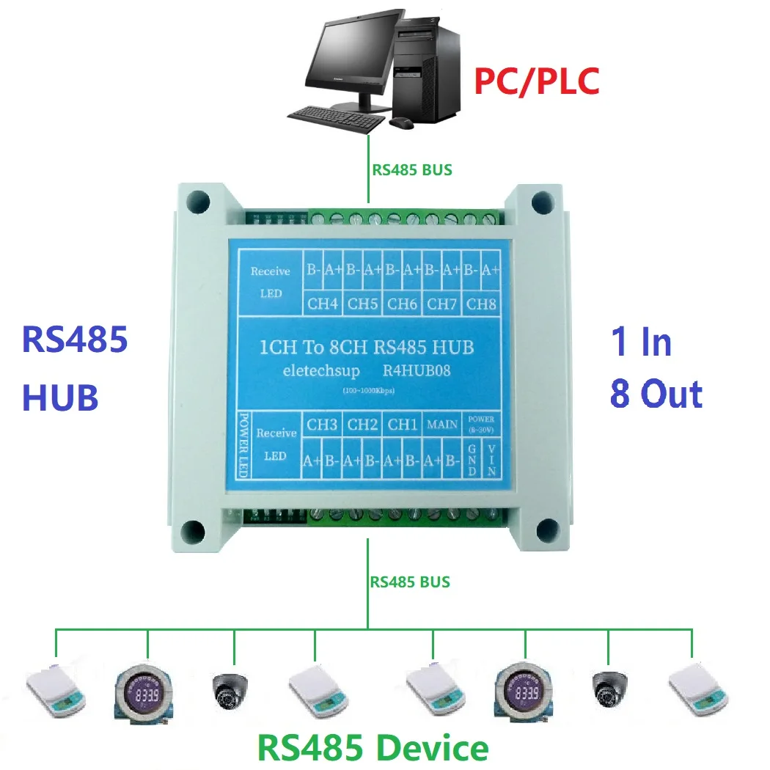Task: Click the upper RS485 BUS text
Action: [x=411, y=170]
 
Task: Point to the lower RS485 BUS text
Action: [x=410, y=582]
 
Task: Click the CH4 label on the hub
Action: [x=323, y=302]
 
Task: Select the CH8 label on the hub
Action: [x=481, y=302]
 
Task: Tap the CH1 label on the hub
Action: [x=403, y=424]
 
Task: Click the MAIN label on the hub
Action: [x=443, y=424]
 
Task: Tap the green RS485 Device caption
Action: [x=373, y=748]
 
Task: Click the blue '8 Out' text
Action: [x=656, y=394]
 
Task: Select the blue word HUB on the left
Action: [x=60, y=397]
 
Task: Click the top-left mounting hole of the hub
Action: [x=197, y=199]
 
